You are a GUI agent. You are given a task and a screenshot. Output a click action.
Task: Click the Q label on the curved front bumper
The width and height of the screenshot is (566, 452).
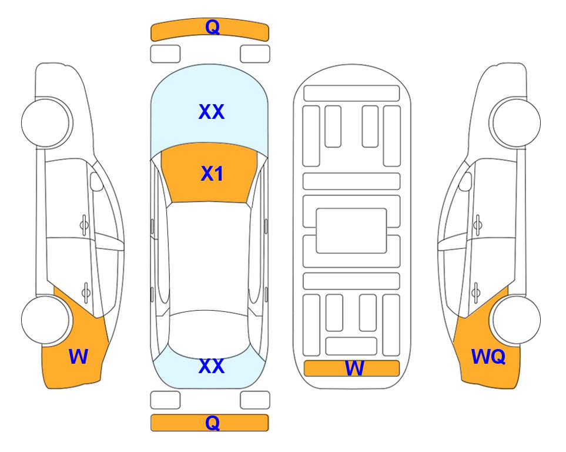pyautogui.click(x=212, y=26)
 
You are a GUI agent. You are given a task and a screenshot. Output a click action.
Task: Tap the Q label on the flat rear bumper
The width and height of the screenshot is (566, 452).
pyautogui.click(x=212, y=423)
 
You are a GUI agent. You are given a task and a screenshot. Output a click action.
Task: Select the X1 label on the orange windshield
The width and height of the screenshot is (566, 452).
pyautogui.click(x=212, y=174)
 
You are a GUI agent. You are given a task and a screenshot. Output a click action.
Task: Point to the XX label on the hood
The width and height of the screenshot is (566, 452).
pyautogui.click(x=212, y=112)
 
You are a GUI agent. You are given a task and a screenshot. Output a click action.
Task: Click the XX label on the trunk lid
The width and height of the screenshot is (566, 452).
pyautogui.click(x=212, y=366)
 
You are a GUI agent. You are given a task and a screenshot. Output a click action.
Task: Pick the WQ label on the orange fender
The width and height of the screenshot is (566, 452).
pyautogui.click(x=488, y=357)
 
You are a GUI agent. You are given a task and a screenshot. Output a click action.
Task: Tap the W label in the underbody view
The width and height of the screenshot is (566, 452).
pyautogui.click(x=354, y=368)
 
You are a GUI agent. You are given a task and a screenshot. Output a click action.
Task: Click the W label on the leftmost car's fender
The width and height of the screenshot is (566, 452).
pyautogui.click(x=78, y=357)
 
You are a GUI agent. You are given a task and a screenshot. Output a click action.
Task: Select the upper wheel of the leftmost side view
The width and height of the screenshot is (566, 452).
pyautogui.click(x=46, y=123)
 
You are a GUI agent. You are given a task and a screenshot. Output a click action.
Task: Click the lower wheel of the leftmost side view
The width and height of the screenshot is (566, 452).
pyautogui.click(x=46, y=320)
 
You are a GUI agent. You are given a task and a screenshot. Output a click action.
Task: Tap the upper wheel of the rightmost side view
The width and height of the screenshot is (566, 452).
pyautogui.click(x=516, y=122)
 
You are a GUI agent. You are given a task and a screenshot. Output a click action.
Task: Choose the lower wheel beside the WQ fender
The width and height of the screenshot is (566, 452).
pyautogui.click(x=517, y=320)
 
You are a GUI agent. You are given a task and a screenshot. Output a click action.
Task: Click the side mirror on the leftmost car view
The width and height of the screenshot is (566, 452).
pyautogui.click(x=96, y=181)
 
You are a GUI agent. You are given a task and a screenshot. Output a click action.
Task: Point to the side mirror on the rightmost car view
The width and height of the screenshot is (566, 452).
pyautogui.click(x=465, y=181)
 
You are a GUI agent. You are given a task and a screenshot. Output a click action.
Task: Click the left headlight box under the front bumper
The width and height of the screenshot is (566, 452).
pyautogui.click(x=165, y=54)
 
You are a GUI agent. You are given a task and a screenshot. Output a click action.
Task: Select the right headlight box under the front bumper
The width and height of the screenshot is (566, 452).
pyautogui.click(x=255, y=54)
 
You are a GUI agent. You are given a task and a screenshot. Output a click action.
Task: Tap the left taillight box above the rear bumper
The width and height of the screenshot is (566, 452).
pyautogui.click(x=165, y=400)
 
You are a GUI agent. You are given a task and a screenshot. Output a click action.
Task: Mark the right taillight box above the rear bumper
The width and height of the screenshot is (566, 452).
pyautogui.click(x=255, y=400)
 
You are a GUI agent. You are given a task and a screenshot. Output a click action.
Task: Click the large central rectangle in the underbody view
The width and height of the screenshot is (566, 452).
pyautogui.click(x=351, y=231)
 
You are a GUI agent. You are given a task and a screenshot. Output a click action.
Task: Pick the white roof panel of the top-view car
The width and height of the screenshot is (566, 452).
pyautogui.click(x=209, y=257)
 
